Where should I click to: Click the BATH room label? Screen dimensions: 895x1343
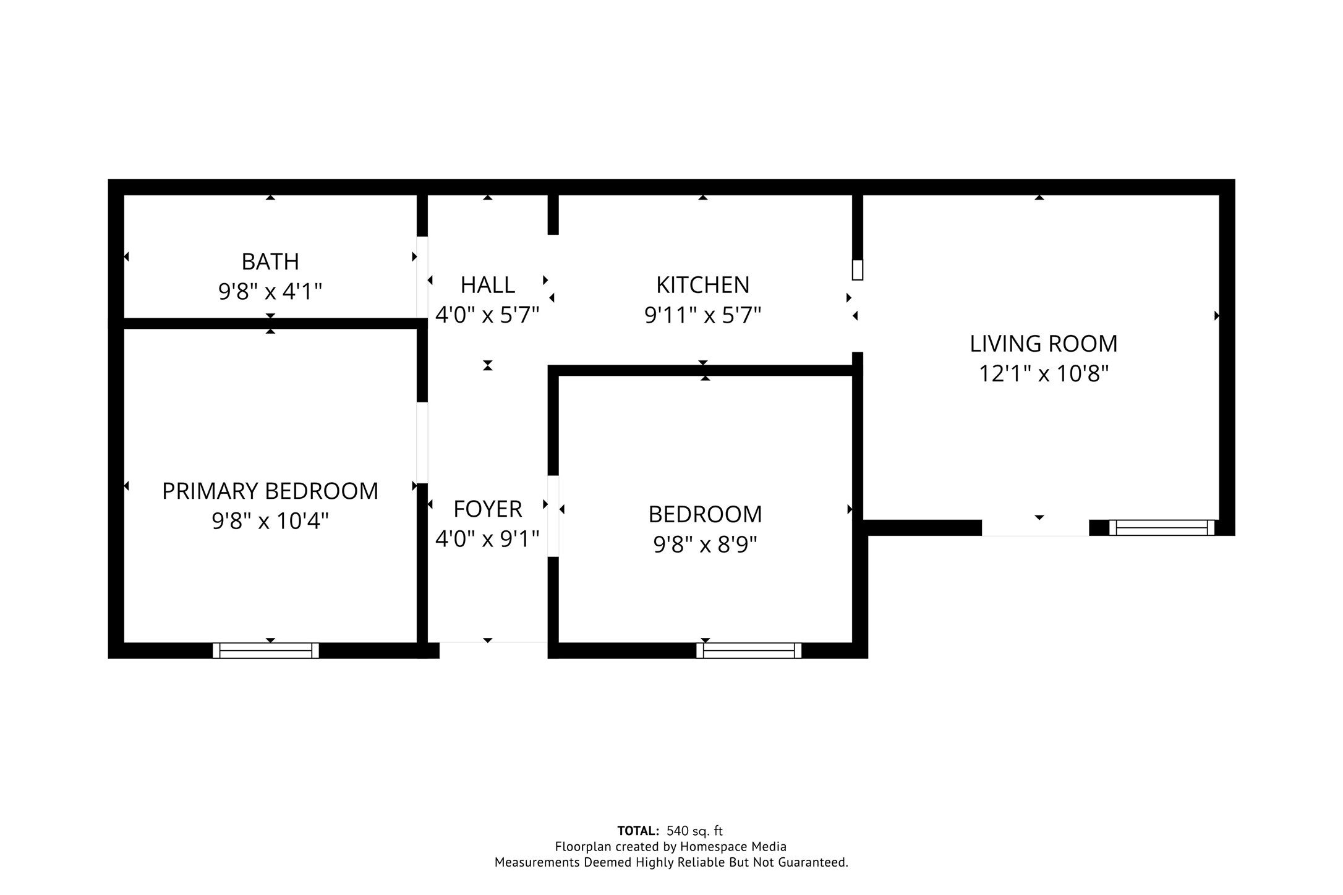270,261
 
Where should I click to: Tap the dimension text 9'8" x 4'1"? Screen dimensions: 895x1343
270,291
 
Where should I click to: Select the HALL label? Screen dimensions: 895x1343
487,285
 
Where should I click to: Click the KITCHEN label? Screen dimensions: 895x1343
702,285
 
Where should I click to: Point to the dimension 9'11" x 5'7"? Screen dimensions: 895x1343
702,315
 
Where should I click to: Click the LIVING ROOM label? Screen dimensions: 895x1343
1043,344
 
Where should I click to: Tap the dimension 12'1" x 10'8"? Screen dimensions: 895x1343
1043,374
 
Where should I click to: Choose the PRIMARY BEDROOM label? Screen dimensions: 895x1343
270,491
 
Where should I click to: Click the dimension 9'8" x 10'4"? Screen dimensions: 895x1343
270,521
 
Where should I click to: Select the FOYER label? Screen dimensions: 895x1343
487,509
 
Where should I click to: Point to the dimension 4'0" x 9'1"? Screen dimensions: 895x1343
487,539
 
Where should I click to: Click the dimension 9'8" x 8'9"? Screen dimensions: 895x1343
705,545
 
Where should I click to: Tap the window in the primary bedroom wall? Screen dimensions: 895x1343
266,650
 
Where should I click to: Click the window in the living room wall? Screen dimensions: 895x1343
1161,527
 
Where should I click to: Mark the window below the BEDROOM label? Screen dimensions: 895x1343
749,650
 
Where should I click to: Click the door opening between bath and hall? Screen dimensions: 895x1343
422,277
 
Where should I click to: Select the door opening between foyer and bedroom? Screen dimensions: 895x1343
553,515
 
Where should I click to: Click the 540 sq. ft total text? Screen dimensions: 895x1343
694,831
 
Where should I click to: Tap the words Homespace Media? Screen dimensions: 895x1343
733,846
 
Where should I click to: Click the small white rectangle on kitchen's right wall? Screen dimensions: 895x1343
857,270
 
